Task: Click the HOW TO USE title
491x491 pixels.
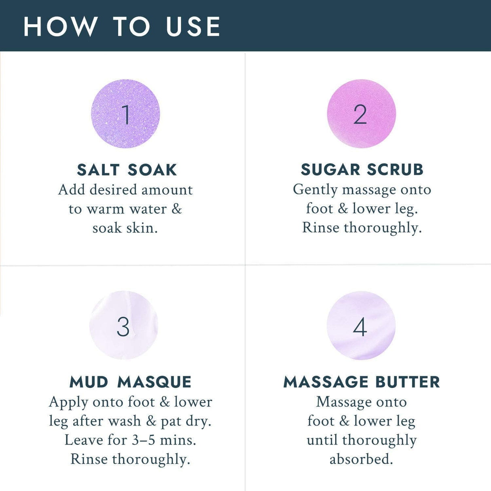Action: pos(122,27)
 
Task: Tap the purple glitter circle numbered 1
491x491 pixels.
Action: pos(125,114)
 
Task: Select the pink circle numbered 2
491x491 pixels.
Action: pos(361,114)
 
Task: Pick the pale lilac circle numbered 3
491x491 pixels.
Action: pos(123,325)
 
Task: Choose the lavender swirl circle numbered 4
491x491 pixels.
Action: pos(361,325)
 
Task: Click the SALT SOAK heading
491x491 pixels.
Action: pos(127,170)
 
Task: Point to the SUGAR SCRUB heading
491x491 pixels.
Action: pos(362,169)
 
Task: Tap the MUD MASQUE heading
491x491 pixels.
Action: pos(130,382)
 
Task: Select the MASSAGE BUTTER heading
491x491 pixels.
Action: pos(362,382)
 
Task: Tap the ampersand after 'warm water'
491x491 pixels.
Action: pos(177,209)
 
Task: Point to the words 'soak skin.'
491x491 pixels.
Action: pos(125,228)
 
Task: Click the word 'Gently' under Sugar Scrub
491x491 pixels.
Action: pos(315,190)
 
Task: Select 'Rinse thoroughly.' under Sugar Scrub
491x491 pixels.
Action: pos(362,228)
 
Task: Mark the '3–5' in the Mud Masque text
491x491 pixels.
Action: pos(144,440)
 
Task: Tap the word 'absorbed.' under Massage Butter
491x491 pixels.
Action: pos(361,459)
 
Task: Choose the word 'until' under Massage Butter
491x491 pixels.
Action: pos(322,440)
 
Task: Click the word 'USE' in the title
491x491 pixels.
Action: pos(193,27)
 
